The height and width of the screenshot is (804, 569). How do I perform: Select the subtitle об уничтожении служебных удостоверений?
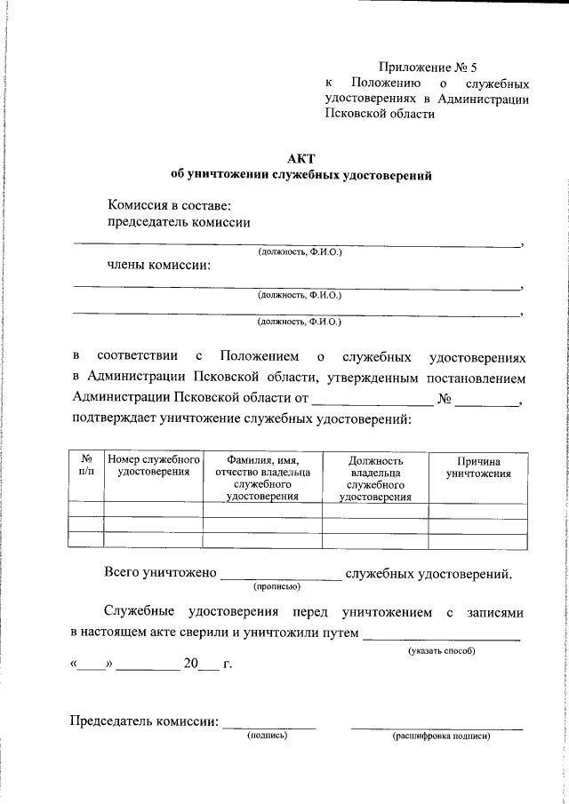click(301, 175)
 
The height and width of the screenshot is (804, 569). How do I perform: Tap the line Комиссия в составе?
click(169, 206)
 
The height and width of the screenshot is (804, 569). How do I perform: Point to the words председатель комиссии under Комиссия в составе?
click(179, 223)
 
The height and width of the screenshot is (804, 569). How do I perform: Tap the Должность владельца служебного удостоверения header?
click(375, 479)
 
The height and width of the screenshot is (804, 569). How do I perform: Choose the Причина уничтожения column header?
click(478, 468)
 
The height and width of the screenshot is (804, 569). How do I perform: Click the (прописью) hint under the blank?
click(276, 586)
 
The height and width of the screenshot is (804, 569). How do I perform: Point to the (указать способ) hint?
click(442, 651)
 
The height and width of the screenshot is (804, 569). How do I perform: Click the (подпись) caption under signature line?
click(268, 735)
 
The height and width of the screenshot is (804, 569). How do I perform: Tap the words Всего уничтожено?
click(161, 573)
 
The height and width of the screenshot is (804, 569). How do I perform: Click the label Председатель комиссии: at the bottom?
click(144, 720)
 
